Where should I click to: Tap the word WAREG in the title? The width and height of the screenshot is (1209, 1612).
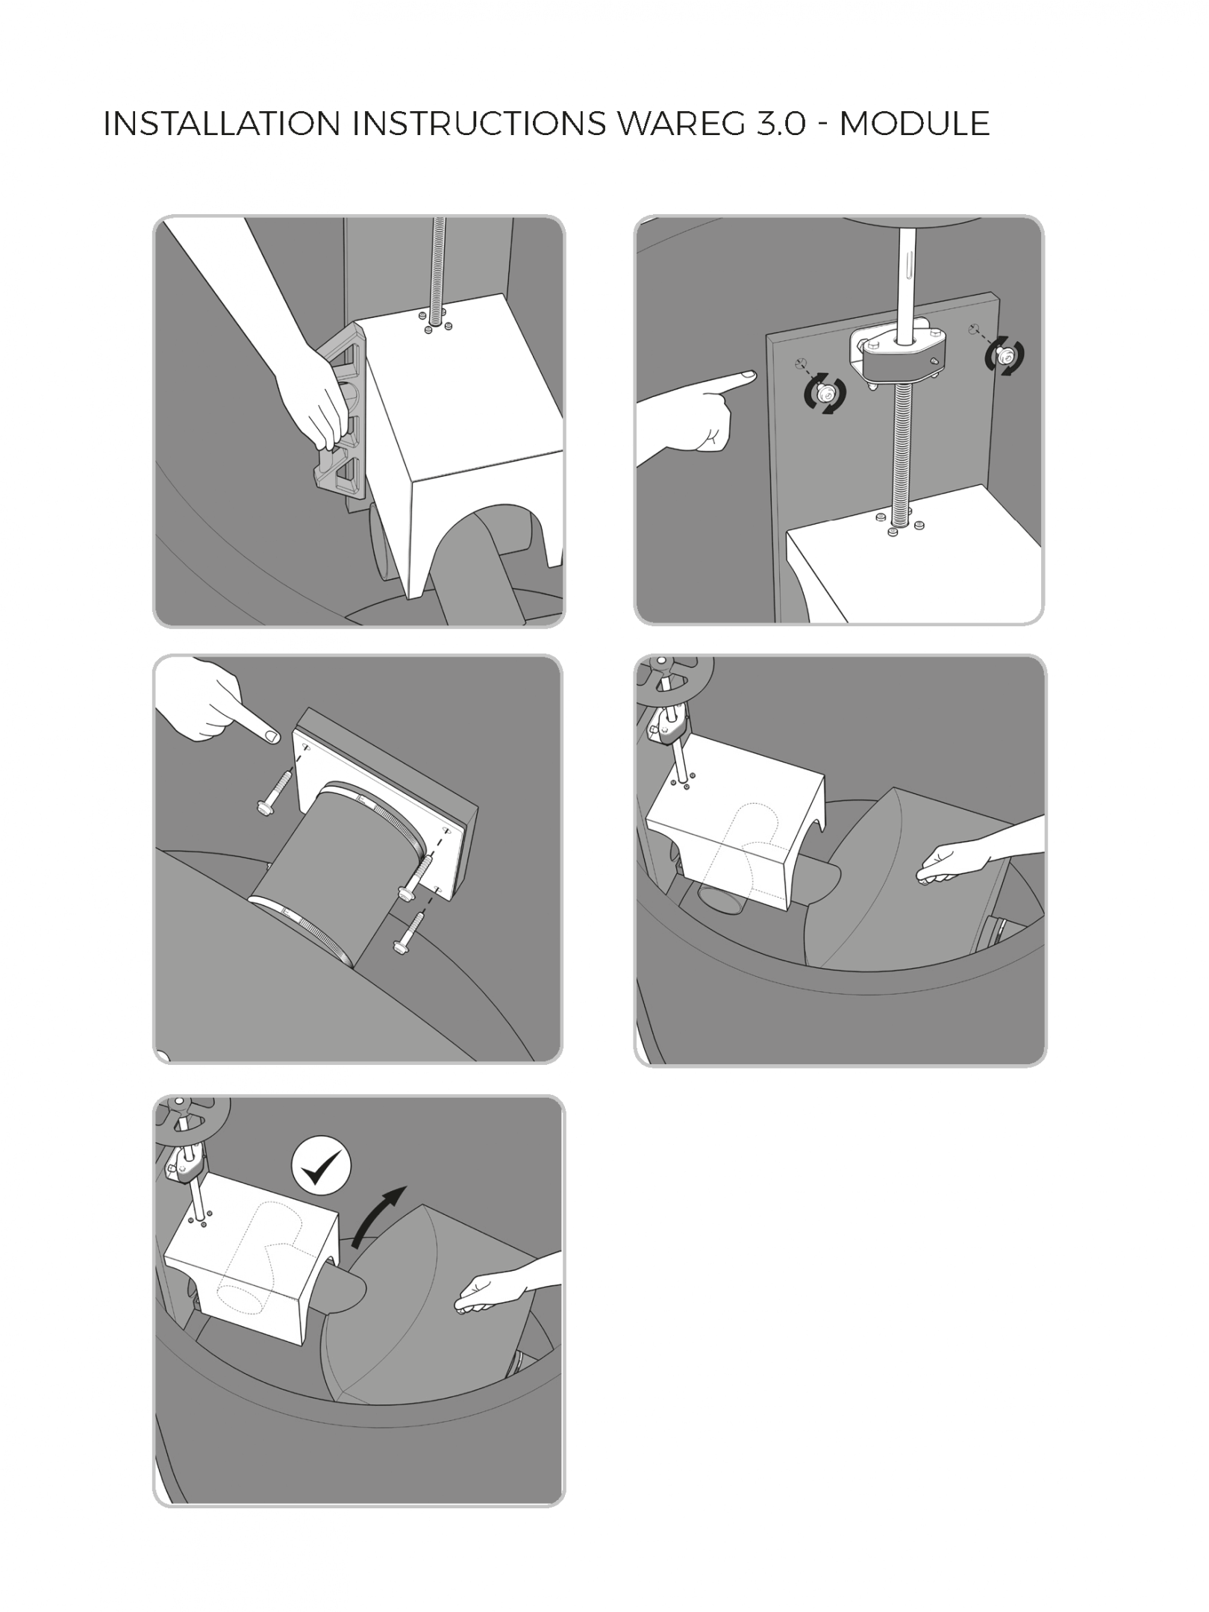point(681,124)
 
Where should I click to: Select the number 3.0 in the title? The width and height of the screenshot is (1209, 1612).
point(781,124)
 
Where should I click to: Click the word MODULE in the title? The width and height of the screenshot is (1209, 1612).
point(914,124)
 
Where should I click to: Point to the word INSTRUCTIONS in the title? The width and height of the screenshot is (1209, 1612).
point(479,124)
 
